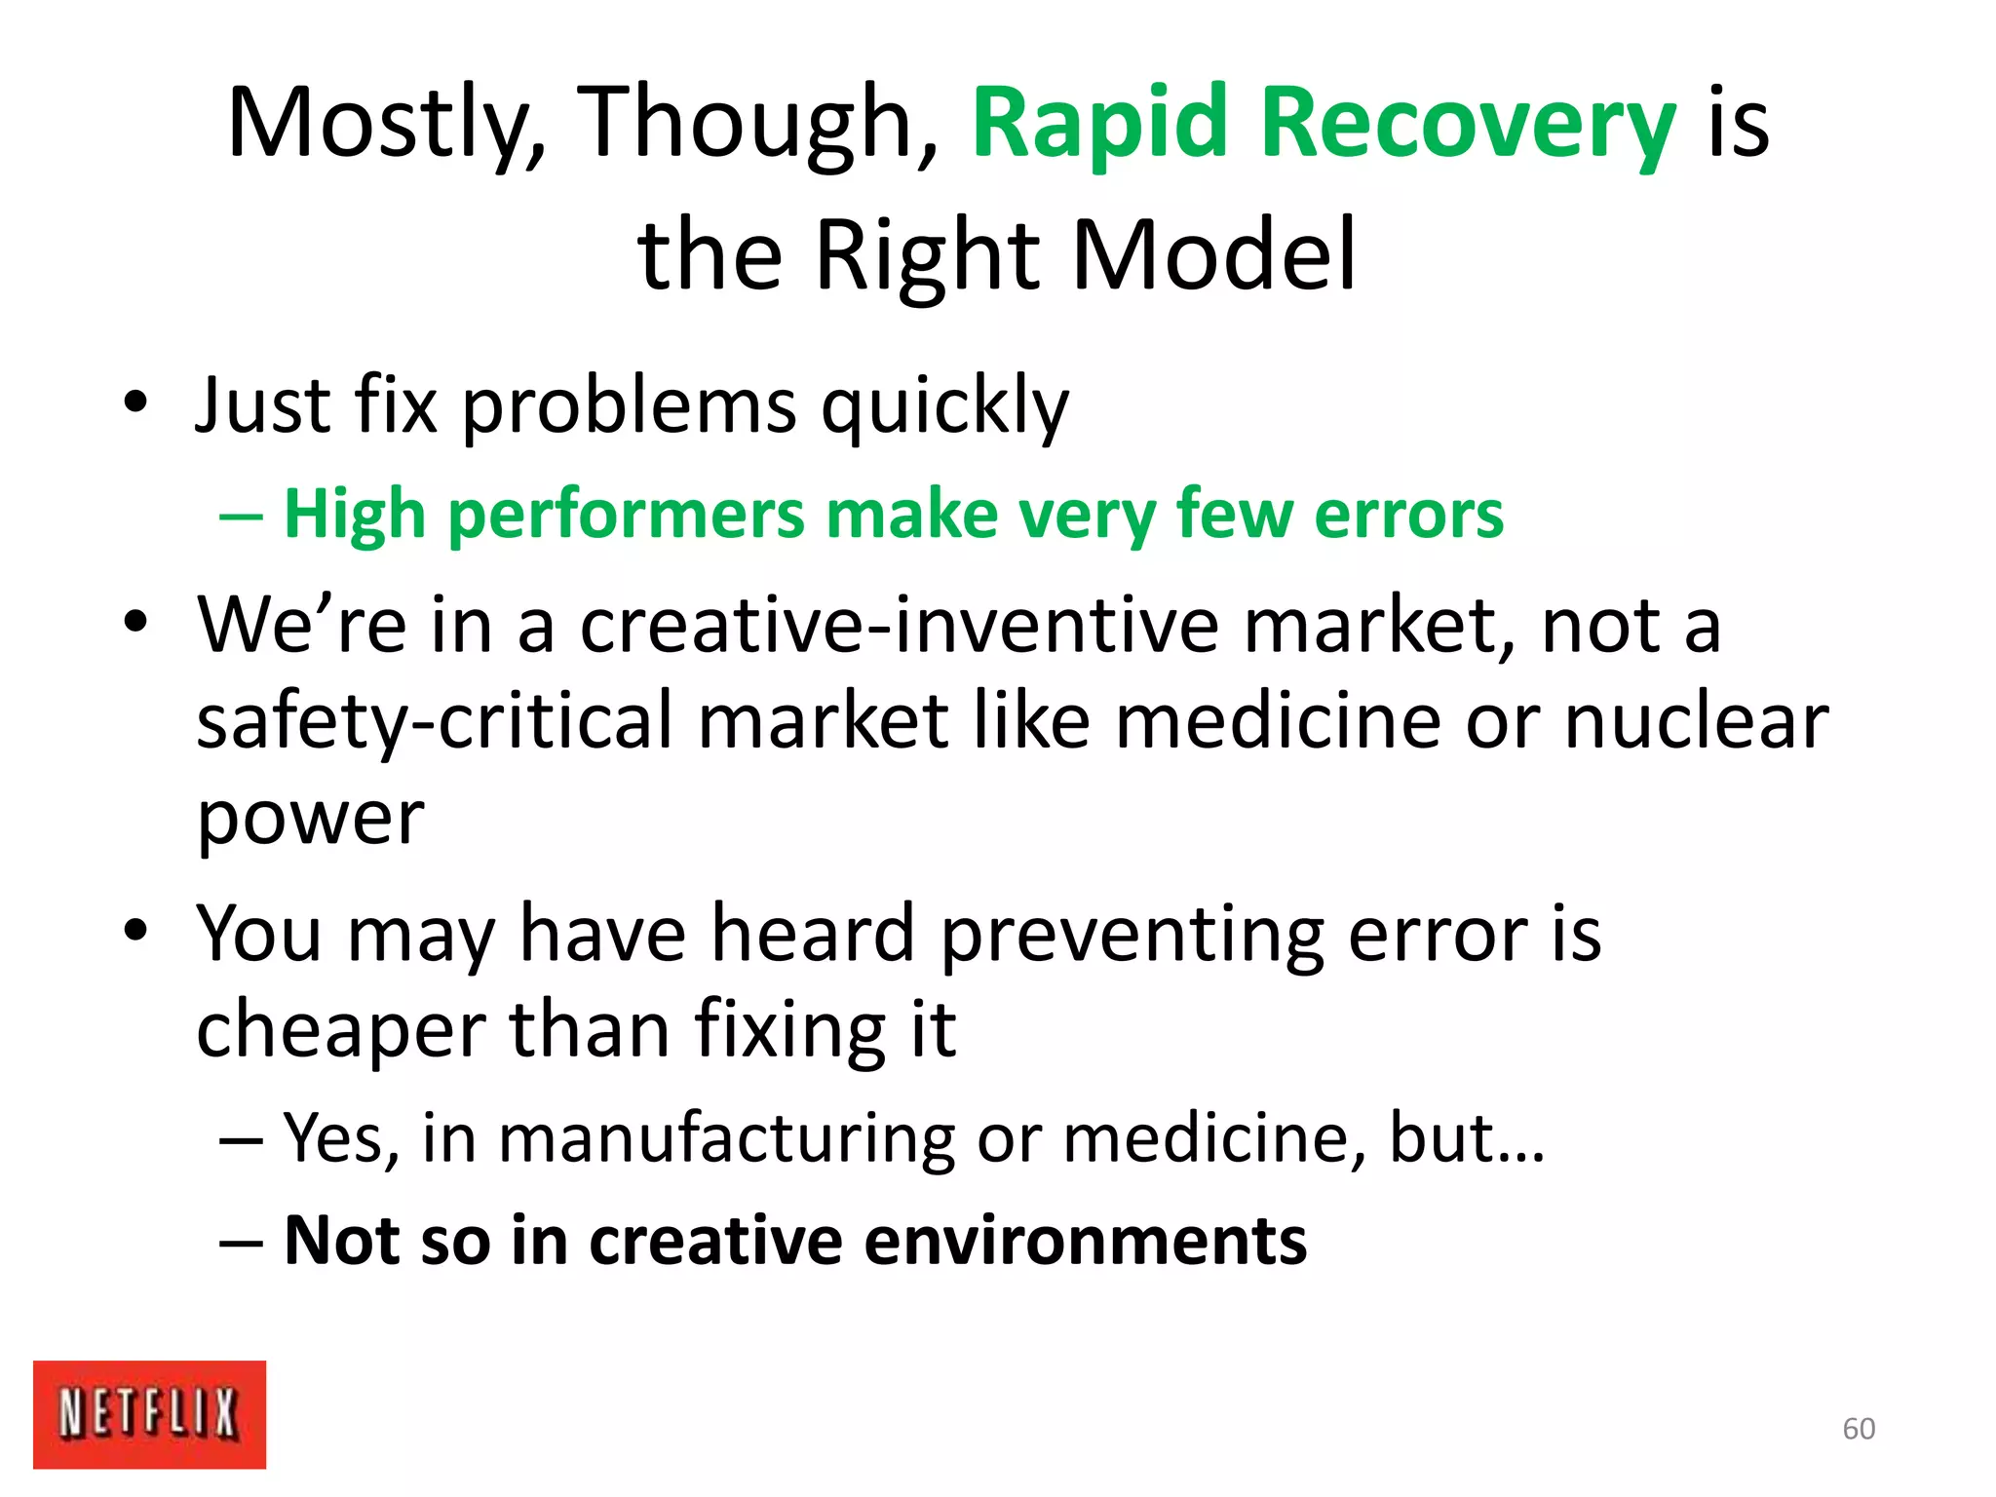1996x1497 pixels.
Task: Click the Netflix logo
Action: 149,1413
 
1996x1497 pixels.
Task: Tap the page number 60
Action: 1859,1429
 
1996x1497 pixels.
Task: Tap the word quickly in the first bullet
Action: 944,405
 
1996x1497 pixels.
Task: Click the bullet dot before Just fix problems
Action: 135,401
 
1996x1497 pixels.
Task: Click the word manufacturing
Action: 727,1137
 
